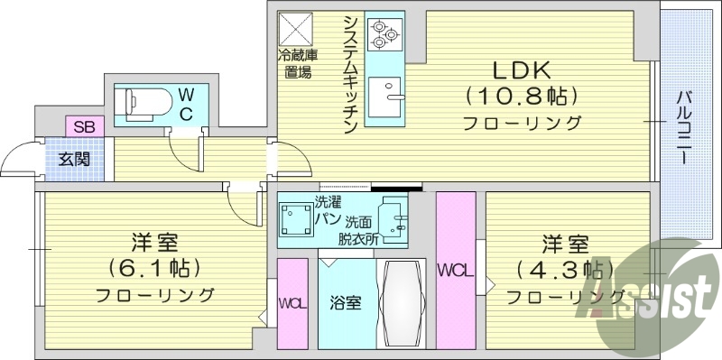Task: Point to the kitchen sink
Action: [394, 94]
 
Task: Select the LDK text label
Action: [521, 70]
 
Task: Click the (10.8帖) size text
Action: [521, 96]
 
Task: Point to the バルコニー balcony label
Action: [684, 126]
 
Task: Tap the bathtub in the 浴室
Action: [400, 303]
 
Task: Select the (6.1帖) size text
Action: [154, 268]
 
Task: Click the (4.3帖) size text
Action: [566, 269]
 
